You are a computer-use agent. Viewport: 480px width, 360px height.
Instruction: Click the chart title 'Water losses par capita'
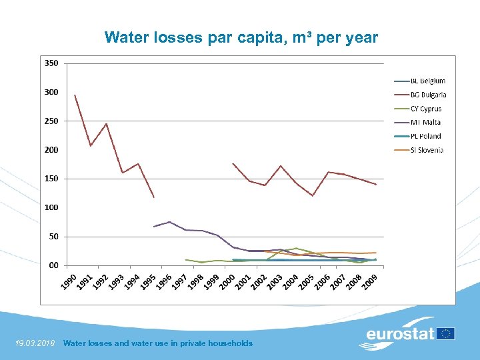tap(241, 37)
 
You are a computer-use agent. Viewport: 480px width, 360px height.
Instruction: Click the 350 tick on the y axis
tap(51, 63)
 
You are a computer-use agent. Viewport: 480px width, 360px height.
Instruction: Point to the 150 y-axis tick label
tap(51, 179)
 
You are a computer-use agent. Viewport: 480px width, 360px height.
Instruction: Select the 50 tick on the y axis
tap(53, 236)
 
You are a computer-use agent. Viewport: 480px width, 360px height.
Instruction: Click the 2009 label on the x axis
tap(371, 282)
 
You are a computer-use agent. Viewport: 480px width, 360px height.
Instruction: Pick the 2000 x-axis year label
tap(227, 282)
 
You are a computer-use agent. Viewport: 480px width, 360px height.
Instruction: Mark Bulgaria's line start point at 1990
tap(75, 95)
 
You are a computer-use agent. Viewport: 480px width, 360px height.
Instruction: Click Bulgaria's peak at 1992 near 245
tap(106, 123)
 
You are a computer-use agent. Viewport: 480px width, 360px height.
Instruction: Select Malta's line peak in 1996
tap(169, 222)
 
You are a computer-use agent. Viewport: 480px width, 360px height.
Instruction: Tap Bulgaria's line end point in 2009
tap(376, 185)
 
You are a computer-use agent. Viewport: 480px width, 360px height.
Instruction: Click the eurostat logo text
tap(400, 333)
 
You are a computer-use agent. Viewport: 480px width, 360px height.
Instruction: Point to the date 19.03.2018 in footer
tap(35, 343)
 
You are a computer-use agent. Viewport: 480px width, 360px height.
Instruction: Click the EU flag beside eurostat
tap(446, 333)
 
